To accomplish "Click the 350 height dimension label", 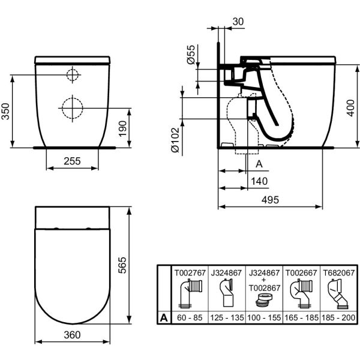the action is coord(5,112).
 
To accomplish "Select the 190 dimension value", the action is coord(123,128).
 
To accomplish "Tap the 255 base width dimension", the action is coord(72,161).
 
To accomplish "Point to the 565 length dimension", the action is coord(122,265).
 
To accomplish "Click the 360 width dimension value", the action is coord(72,335).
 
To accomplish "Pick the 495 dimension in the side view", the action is coord(270,200).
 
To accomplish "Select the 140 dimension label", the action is coord(259,181).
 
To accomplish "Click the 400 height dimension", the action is coord(350,108).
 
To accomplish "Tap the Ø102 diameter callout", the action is coord(175,140).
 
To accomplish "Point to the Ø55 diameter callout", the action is coord(191,55).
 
